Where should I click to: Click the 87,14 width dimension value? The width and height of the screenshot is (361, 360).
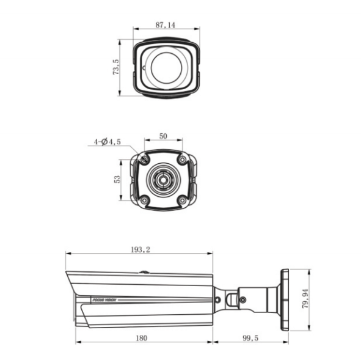click(166, 25)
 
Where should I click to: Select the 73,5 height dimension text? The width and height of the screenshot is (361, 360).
click(116, 67)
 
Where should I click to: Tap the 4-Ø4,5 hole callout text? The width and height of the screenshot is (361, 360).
click(107, 142)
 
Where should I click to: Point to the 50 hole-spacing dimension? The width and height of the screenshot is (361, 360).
click(163, 136)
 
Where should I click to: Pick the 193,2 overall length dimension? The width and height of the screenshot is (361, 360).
click(140, 249)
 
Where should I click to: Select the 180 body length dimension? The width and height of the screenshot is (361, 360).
click(142, 337)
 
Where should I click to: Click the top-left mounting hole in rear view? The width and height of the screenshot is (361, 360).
click(145, 160)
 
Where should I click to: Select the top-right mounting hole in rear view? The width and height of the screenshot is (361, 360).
click(181, 160)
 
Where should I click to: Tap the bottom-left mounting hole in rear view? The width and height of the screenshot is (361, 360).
click(144, 200)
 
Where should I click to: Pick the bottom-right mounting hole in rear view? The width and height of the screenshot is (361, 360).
click(181, 200)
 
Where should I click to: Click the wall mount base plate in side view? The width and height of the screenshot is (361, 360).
click(284, 299)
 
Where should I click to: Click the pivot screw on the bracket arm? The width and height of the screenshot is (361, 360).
click(242, 299)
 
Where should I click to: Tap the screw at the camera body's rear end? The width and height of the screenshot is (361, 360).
click(217, 299)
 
